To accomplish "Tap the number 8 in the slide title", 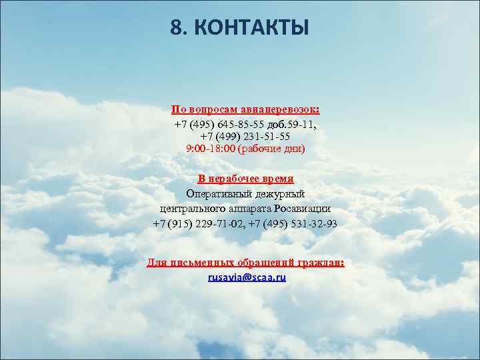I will (x=176, y=28).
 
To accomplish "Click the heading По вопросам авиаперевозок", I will (x=245, y=109).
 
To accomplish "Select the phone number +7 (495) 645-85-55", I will (x=219, y=125).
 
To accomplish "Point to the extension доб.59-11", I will (x=291, y=125).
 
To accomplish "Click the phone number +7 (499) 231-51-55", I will (x=245, y=136).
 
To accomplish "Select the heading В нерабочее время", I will (x=245, y=179).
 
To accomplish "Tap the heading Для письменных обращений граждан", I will (x=245, y=263).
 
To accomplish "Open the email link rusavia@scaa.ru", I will (x=247, y=277).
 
